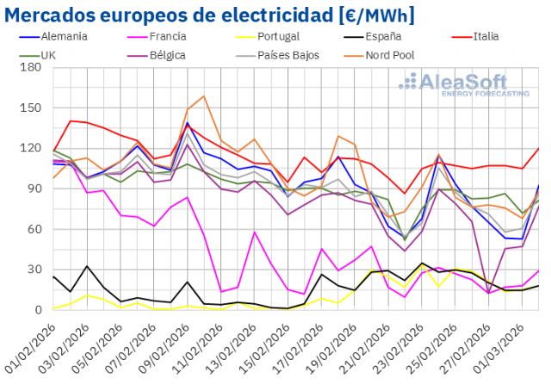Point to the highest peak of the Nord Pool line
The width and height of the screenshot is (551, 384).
point(203,96)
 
